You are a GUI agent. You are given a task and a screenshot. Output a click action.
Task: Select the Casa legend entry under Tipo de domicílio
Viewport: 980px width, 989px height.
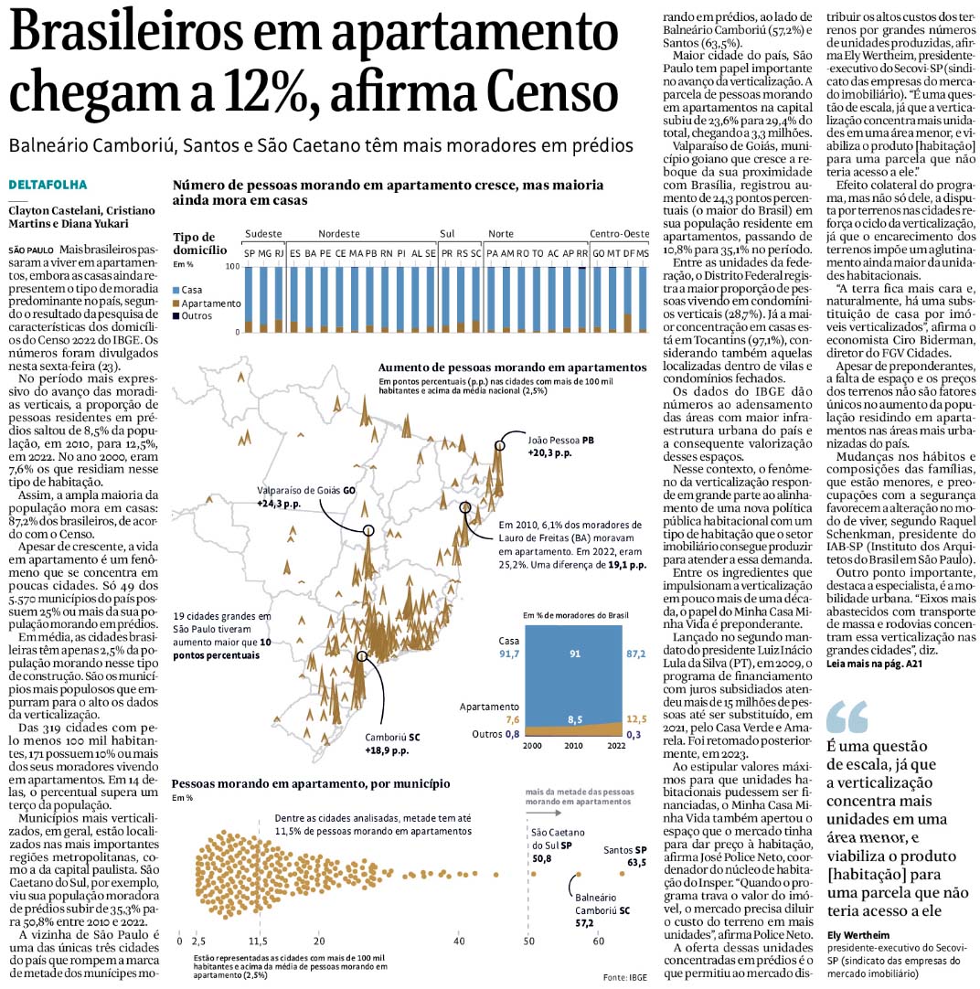[x=191, y=289]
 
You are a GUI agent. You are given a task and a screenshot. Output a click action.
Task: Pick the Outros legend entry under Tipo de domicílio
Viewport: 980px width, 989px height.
[x=195, y=316]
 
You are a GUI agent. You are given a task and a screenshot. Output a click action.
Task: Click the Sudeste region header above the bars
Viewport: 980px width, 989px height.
[x=263, y=234]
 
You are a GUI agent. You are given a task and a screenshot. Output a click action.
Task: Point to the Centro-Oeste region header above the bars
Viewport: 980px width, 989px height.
[x=619, y=234]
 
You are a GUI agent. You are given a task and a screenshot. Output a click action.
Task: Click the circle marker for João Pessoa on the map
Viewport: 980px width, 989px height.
[x=499, y=445]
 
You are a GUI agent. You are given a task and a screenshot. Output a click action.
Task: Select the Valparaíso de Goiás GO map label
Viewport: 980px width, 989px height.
[x=306, y=491]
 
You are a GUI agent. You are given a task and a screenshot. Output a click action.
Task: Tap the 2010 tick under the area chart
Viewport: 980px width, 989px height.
[x=574, y=746]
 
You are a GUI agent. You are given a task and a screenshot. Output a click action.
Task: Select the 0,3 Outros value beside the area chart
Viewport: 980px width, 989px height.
[x=634, y=733]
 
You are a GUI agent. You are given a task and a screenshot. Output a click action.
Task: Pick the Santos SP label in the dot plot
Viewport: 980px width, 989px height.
[x=624, y=850]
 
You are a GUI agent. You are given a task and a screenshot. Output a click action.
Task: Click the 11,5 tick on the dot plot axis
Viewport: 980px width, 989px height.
[x=258, y=941]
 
